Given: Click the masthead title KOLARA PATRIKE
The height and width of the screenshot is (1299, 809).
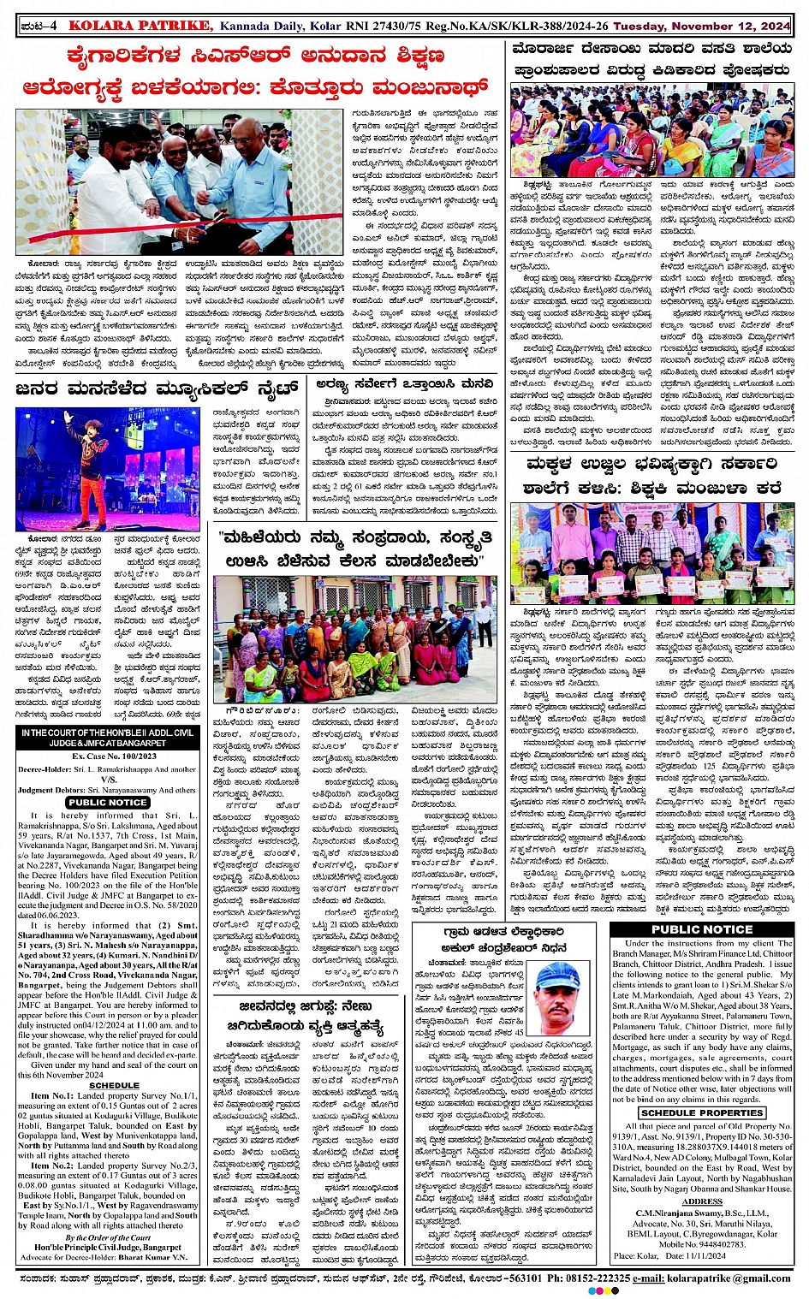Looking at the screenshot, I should click(x=140, y=26).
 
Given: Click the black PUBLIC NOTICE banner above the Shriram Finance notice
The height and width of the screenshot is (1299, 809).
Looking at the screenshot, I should click(x=702, y=928).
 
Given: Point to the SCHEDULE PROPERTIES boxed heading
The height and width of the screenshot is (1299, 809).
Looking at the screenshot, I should click(x=702, y=1113).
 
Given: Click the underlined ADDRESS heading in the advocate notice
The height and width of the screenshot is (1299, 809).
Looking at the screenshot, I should click(x=702, y=1202).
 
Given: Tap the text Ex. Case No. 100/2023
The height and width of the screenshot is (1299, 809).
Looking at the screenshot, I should click(x=114, y=756).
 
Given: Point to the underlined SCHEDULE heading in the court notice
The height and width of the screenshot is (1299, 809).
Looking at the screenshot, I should click(x=114, y=1085).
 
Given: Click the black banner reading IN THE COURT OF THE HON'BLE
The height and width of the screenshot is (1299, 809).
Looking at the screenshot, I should click(x=108, y=738).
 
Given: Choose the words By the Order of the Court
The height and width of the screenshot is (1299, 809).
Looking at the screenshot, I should click(x=108, y=1237).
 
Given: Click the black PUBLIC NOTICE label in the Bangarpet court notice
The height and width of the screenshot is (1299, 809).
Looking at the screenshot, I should click(x=108, y=803).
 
